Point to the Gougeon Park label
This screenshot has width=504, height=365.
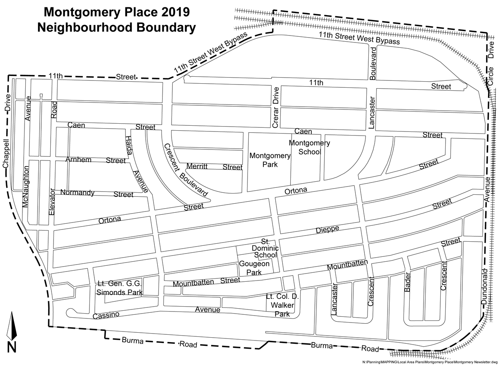pos(254,268)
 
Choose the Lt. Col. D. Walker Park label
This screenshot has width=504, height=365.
pos(282,305)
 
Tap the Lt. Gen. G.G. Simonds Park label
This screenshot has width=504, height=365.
pos(120,288)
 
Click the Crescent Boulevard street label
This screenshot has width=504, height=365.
pos(185,171)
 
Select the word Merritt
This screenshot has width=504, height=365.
pos(197,166)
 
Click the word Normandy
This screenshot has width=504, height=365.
pos(77,192)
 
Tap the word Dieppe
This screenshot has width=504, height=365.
pos(327,229)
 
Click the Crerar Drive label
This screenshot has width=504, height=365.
pos(276,107)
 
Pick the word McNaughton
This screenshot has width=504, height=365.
pos(26,186)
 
